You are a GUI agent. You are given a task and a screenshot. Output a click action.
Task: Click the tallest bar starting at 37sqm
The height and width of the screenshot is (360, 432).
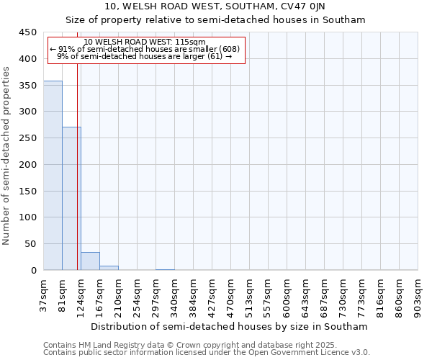coord(53,176)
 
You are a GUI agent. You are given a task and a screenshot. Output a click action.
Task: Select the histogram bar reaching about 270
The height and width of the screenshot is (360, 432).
coord(71,199)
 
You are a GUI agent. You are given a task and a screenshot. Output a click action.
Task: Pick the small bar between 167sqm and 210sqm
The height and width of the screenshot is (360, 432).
coord(109,268)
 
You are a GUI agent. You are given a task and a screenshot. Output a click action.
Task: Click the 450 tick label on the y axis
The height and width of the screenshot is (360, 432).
coord(28,32)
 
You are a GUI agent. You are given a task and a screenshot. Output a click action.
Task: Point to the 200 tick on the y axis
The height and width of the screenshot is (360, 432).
coord(28,165)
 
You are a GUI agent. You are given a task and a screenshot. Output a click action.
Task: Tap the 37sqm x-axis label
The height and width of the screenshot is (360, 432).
coord(44,294)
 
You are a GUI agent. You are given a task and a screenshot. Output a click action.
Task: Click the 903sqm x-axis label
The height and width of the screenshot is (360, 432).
coord(418,294)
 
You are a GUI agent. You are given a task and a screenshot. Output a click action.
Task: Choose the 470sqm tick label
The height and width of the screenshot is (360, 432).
coord(231,294)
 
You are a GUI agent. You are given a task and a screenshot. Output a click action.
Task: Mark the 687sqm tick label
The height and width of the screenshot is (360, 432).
coord(325,294)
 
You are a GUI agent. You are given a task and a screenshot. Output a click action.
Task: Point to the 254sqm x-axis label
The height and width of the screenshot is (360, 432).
coord(138,294)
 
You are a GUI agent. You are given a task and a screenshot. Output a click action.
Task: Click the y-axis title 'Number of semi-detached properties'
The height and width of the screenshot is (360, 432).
coord(6,156)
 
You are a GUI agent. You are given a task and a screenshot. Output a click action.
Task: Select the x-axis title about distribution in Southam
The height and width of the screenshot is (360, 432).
coord(230,326)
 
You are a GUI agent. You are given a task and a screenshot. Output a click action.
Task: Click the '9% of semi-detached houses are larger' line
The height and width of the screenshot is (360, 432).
coord(144,56)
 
